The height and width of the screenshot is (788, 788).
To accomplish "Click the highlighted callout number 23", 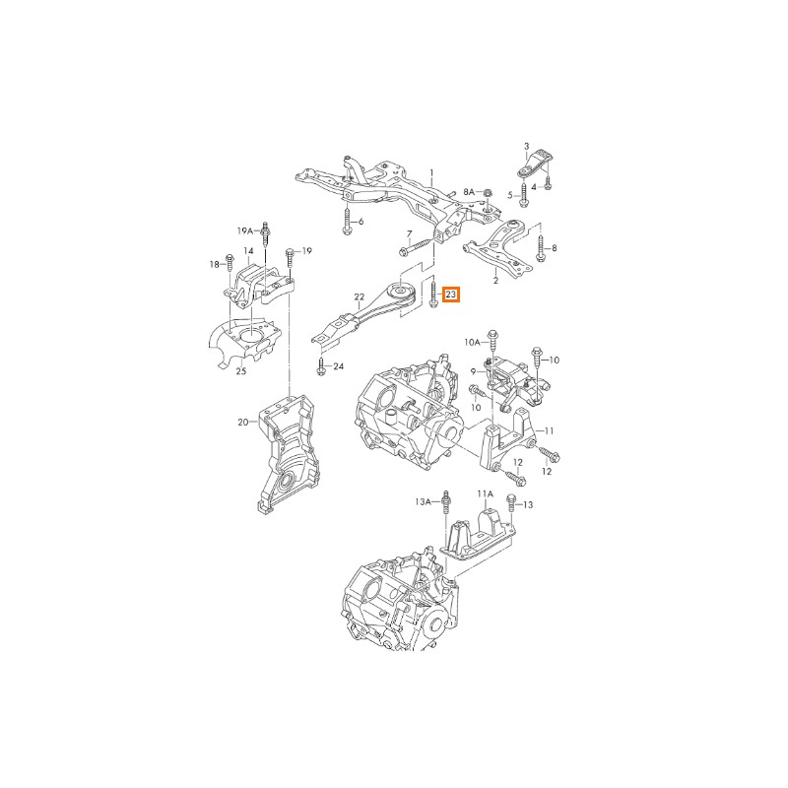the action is (451, 295).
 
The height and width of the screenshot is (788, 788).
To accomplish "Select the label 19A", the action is (245, 230).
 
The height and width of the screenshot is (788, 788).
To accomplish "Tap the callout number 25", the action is (241, 371).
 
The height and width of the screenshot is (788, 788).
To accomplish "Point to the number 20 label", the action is (243, 423).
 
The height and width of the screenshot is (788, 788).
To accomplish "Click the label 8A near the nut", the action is (469, 192).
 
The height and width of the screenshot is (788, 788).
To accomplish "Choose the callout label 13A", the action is (424, 501).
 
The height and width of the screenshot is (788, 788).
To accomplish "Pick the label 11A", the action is (485, 494).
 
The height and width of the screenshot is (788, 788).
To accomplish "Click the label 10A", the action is (472, 343).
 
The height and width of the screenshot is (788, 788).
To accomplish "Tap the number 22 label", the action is (359, 297).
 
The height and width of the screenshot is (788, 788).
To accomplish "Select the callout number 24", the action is (338, 366).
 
